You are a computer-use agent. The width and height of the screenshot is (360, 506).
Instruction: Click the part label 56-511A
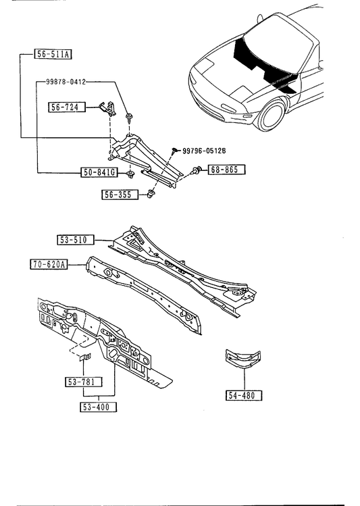[53, 54]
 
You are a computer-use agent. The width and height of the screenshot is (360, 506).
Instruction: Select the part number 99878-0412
[66, 82]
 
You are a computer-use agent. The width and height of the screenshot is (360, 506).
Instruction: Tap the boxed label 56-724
[67, 107]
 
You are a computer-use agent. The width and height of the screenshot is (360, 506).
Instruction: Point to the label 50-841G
[99, 172]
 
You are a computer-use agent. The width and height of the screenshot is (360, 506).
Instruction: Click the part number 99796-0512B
[204, 151]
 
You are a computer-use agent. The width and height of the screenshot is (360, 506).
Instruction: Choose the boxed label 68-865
[226, 170]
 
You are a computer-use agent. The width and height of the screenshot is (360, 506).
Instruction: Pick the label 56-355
[120, 195]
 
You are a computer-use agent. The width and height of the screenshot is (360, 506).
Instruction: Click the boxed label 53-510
[76, 240]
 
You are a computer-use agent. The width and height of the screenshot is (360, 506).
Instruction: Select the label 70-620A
[49, 264]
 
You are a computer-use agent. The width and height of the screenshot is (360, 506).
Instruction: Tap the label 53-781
[84, 382]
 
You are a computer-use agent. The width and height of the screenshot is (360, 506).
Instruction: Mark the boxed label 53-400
[98, 407]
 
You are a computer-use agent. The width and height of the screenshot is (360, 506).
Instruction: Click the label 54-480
[244, 395]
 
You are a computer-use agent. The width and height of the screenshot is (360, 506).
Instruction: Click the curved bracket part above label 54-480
[243, 359]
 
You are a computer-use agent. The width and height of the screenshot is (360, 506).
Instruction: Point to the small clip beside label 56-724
[108, 108]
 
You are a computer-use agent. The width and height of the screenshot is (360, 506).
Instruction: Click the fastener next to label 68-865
[197, 170]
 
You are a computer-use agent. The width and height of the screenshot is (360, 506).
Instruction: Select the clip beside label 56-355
[150, 195]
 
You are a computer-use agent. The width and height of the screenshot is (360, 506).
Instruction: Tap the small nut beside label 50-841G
[130, 174]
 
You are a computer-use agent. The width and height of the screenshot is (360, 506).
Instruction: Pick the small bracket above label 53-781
[86, 357]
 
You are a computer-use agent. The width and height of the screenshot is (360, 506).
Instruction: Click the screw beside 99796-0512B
[175, 151]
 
